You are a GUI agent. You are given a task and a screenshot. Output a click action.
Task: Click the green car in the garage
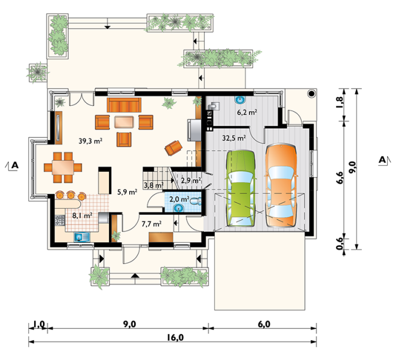241,188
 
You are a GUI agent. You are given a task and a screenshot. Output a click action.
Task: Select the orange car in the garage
281,185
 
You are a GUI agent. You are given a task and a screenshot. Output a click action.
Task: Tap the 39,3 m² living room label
90,141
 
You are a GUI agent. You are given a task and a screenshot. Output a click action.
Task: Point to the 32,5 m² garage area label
234,138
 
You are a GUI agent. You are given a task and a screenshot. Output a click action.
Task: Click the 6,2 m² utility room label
246,112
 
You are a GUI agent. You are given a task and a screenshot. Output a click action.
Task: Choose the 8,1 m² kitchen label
82,216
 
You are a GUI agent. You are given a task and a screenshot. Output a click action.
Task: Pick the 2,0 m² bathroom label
179,200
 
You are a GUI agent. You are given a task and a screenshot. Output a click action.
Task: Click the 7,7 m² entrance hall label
151,224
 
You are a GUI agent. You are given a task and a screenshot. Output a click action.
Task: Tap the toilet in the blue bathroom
196,201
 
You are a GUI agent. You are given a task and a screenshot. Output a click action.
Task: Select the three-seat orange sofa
124,105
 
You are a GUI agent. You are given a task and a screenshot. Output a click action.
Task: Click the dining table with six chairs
63,167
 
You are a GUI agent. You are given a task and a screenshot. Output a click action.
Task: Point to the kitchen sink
81,237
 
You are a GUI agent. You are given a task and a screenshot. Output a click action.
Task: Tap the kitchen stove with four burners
60,221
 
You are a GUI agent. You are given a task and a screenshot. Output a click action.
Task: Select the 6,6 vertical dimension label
340,178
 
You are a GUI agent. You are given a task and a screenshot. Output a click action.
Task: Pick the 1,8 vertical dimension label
340,102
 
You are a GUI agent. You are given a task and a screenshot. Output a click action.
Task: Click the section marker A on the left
12,166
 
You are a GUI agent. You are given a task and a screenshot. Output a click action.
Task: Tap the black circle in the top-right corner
312,94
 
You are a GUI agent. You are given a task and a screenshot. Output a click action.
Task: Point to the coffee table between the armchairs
124,122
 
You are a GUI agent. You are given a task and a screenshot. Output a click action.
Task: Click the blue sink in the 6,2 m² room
240,100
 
